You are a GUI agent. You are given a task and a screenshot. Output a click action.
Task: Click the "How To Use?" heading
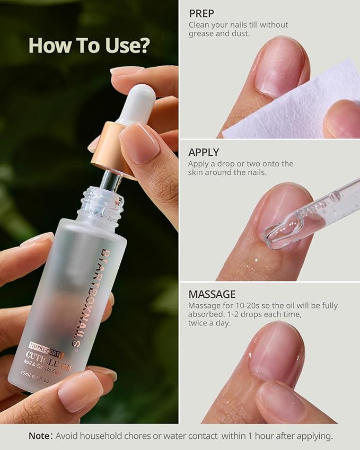(89, 46)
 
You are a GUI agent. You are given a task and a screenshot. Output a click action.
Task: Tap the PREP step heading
(201, 13)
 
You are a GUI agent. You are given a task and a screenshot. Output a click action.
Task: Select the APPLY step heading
(204, 153)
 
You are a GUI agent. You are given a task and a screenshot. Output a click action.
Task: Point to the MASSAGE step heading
(212, 294)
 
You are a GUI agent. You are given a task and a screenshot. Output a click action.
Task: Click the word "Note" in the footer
(39, 436)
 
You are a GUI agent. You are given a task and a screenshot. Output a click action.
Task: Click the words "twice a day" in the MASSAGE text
(209, 323)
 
